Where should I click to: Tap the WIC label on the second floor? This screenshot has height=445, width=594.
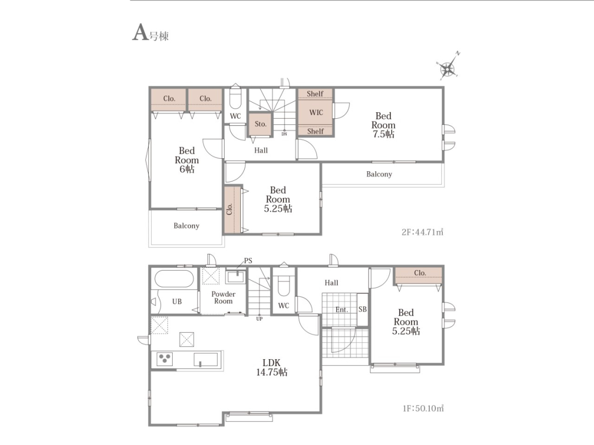316,112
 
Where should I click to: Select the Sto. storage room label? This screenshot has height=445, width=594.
260,124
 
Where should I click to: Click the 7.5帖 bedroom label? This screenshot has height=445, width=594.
383,125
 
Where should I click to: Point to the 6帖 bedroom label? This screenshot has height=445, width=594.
187,160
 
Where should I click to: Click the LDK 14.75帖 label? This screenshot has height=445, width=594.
272,367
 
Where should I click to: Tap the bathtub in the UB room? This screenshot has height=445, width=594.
174,279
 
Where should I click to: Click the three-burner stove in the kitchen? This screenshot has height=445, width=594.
164,359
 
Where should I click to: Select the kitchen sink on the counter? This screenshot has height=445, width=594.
206,359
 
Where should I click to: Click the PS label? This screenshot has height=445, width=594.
248,260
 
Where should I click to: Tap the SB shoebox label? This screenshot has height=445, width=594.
362,309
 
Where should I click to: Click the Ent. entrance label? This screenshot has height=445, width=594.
341,309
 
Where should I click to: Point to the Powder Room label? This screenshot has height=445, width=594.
223,298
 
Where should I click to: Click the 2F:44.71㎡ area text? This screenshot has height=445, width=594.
422,232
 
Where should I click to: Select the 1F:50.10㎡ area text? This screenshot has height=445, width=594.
423,408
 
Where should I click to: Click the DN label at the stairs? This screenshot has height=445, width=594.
284,134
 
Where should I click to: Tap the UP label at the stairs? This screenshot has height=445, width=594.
259,319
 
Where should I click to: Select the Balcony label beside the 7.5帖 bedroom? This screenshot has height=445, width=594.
379,174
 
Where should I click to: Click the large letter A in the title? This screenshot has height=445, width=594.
140,32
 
